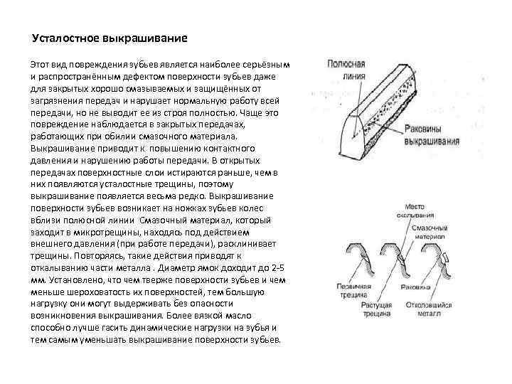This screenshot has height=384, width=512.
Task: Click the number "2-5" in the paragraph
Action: (277, 270)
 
